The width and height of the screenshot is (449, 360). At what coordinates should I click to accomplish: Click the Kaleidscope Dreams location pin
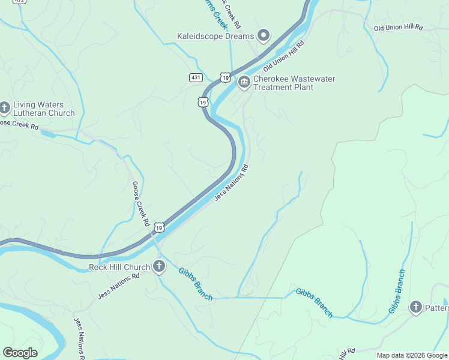tap(263, 36)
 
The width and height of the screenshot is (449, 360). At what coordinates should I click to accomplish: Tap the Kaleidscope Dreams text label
tap(216, 37)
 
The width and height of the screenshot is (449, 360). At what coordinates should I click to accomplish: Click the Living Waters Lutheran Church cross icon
tap(5, 108)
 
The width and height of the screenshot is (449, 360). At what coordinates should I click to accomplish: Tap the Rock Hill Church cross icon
tap(158, 266)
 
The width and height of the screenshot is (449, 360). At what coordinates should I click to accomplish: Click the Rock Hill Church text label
tap(119, 267)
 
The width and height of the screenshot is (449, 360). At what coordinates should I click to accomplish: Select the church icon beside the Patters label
tap(415, 308)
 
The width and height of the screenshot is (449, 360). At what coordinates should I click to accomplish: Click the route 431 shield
tap(196, 77)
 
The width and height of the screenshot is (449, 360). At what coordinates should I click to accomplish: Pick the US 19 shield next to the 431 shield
tap(224, 77)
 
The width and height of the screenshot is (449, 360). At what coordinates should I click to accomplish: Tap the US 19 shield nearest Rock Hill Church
tap(158, 227)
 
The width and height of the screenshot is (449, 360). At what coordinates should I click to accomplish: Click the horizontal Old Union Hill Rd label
tap(398, 28)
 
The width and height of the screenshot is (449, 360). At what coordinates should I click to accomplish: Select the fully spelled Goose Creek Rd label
tap(140, 203)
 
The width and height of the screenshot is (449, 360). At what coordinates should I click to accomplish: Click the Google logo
tap(20, 353)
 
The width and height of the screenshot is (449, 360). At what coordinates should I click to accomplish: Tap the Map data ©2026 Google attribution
tap(412, 355)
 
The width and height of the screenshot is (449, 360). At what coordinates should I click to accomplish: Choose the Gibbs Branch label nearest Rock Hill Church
tap(195, 284)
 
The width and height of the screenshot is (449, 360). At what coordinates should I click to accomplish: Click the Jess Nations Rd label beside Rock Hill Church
tap(118, 287)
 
